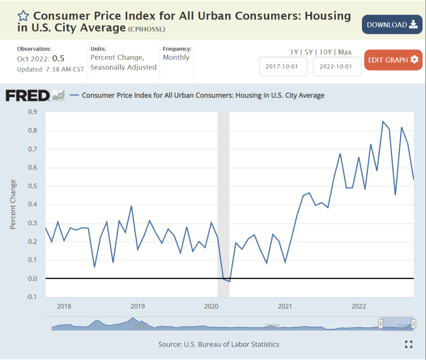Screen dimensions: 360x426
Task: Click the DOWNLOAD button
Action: [x=392, y=25]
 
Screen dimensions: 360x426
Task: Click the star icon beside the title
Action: [x=23, y=16]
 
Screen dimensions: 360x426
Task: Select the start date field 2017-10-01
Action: [x=283, y=67]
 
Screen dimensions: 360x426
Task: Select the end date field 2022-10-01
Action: [x=337, y=67]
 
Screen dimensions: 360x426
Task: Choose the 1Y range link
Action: [x=294, y=52]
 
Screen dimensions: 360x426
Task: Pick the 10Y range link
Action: [x=326, y=52]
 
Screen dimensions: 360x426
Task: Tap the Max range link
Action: [x=345, y=52]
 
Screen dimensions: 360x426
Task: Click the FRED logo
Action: [x=28, y=96]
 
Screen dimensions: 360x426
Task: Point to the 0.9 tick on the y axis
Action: [x=32, y=112]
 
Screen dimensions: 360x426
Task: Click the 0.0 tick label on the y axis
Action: [x=32, y=279]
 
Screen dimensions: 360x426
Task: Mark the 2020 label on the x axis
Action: [x=211, y=306]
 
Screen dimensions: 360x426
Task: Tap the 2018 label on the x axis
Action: [x=64, y=306]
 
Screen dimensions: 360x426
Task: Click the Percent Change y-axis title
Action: [x=13, y=204]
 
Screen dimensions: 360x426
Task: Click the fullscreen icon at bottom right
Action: [x=409, y=344]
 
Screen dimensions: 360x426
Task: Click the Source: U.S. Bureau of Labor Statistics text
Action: [x=219, y=344]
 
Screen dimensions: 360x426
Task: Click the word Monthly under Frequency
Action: [x=176, y=57]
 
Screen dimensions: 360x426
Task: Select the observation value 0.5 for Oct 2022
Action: [x=59, y=59]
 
